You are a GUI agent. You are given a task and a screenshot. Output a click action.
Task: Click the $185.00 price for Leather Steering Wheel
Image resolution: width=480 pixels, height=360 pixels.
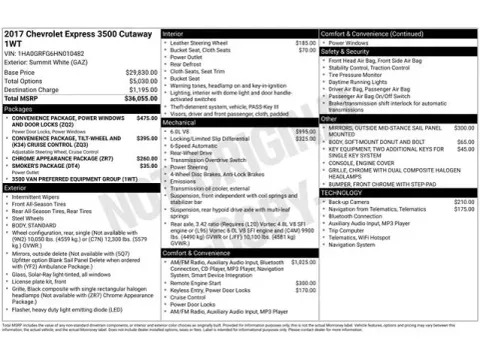305,44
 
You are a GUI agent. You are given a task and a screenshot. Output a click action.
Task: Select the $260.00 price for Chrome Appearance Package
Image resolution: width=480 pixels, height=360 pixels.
146,158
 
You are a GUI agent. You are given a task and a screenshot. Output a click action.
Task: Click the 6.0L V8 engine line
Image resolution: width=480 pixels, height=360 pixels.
182,131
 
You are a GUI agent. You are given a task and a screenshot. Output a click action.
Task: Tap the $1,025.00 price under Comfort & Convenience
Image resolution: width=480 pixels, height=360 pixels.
301,262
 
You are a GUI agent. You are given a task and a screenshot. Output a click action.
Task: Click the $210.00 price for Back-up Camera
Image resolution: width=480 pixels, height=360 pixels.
463,201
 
